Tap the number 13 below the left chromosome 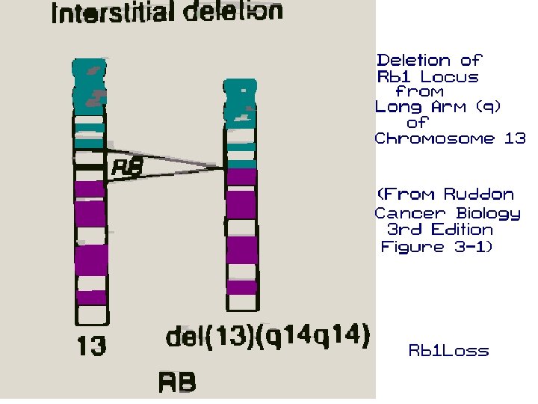click(x=92, y=346)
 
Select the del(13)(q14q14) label click(x=268, y=336)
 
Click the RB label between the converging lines click(x=126, y=168)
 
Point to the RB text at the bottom click(x=177, y=382)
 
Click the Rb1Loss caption click(x=448, y=350)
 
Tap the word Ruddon click(x=479, y=195)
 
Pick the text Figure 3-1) click(x=437, y=247)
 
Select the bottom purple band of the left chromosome click(x=90, y=297)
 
